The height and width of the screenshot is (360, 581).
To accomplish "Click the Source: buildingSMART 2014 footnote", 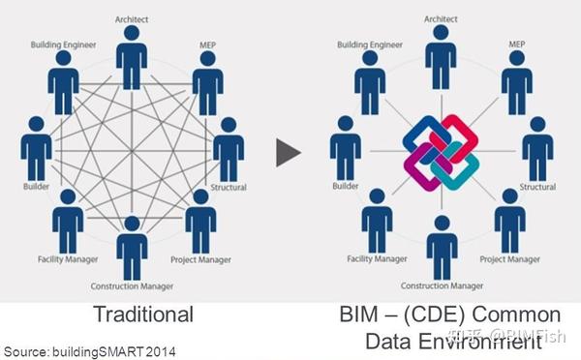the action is tap(89, 348).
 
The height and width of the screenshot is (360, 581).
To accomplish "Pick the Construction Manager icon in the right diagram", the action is tap(442, 247).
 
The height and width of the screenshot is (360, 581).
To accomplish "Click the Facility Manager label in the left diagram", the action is tap(67, 259).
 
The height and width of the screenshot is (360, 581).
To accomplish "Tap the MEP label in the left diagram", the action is tap(208, 44).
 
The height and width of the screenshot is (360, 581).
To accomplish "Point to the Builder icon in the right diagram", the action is tap(345, 145).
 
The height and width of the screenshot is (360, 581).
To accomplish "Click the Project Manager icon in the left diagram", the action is tap(199, 221).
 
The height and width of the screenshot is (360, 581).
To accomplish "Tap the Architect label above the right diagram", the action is tap(441, 17).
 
